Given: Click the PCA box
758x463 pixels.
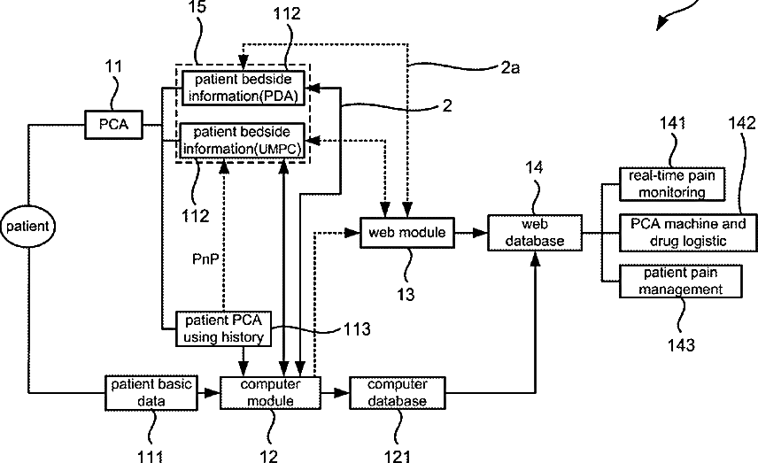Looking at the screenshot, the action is [x=114, y=125].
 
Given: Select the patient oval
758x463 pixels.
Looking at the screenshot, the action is [x=28, y=226].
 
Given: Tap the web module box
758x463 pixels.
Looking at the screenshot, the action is [x=407, y=233].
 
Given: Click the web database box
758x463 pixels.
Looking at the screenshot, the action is [x=535, y=233].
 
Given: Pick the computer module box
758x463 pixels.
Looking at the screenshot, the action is [x=270, y=393].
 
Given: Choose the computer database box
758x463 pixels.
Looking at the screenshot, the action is [x=398, y=393].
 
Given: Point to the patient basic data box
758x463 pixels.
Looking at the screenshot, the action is [x=151, y=393].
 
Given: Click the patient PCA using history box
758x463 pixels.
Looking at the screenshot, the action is [x=223, y=328].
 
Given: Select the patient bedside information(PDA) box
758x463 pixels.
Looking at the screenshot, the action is [x=244, y=88].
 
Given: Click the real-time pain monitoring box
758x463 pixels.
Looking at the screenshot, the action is [x=672, y=184].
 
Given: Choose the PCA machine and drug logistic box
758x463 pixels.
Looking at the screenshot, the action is [x=688, y=233].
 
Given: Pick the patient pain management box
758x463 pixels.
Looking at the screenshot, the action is [x=680, y=281].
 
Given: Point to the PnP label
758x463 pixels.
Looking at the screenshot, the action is [x=205, y=259].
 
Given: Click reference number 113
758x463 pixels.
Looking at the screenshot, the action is [x=357, y=329].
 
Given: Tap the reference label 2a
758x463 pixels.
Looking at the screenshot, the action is [x=509, y=67].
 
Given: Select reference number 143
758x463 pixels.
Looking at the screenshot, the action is [x=681, y=345].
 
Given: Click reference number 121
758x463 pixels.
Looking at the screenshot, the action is [x=397, y=456].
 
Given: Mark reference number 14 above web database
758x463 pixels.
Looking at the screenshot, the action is [x=534, y=167].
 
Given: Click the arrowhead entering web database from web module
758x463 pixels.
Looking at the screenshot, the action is [x=480, y=233].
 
